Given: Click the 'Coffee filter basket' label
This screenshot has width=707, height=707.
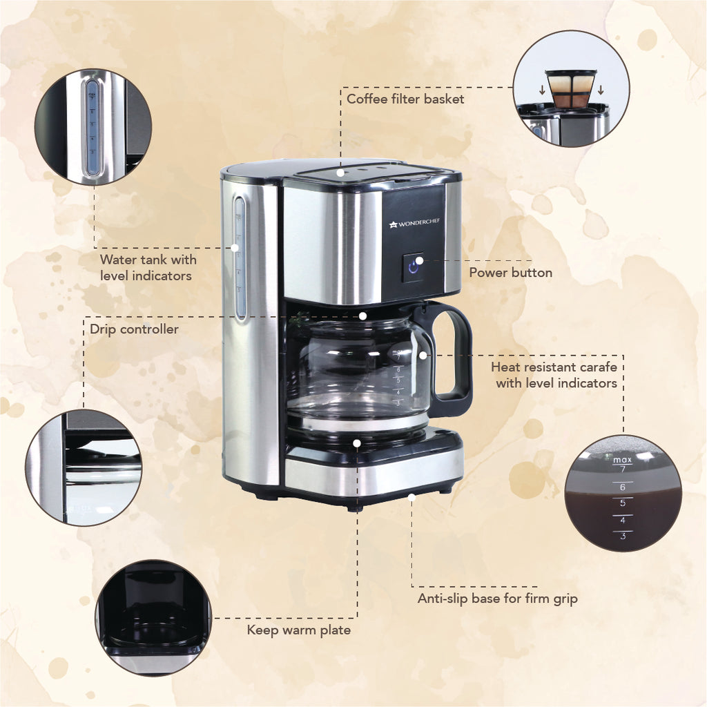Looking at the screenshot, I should [405, 99].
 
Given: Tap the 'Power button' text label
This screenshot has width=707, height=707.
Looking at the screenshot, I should [510, 273].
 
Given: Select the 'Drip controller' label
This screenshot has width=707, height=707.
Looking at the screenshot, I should [134, 329].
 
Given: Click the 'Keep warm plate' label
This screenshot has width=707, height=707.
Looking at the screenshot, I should [298, 630].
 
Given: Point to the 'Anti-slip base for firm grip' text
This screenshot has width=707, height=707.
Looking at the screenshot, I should [497, 599].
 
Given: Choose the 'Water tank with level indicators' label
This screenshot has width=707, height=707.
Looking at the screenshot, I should [148, 268].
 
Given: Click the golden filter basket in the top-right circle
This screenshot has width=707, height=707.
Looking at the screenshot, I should [571, 88].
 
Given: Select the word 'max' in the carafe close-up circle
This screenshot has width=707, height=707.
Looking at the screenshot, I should [622, 459].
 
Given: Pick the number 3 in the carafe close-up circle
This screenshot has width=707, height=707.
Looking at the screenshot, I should [623, 536].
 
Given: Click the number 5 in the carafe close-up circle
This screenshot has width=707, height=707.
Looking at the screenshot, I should [623, 503].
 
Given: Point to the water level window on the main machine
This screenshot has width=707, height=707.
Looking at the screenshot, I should [239, 259].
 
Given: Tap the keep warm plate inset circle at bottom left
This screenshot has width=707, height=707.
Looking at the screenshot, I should [153, 617].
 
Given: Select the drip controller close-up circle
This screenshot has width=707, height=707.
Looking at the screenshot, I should [84, 467].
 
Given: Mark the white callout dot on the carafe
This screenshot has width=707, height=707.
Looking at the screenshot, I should [423, 355].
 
